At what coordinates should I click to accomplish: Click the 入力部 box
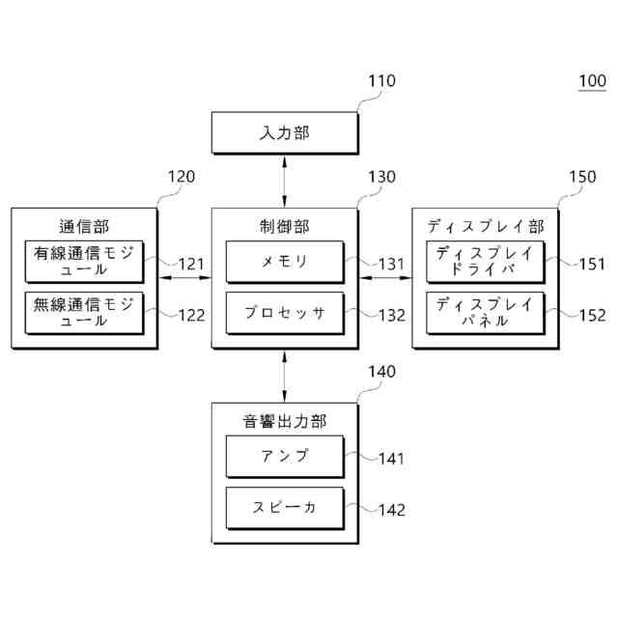[284, 133]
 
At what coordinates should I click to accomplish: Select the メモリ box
[284, 262]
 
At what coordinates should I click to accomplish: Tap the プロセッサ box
[284, 313]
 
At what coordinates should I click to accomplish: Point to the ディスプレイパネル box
[485, 313]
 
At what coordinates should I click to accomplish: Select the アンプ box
[284, 457]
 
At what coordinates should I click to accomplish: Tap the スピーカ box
[284, 507]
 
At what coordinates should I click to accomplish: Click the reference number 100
[591, 81]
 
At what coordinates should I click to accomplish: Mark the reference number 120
[181, 177]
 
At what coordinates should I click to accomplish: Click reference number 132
[392, 314]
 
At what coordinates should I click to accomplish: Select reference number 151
[592, 263]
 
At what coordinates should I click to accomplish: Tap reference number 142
[392, 510]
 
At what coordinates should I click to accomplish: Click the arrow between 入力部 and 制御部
[284, 181]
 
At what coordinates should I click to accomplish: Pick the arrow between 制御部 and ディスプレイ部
[384, 278]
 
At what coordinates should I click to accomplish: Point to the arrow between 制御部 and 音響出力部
[284, 376]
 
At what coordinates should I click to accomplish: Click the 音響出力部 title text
[284, 421]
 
